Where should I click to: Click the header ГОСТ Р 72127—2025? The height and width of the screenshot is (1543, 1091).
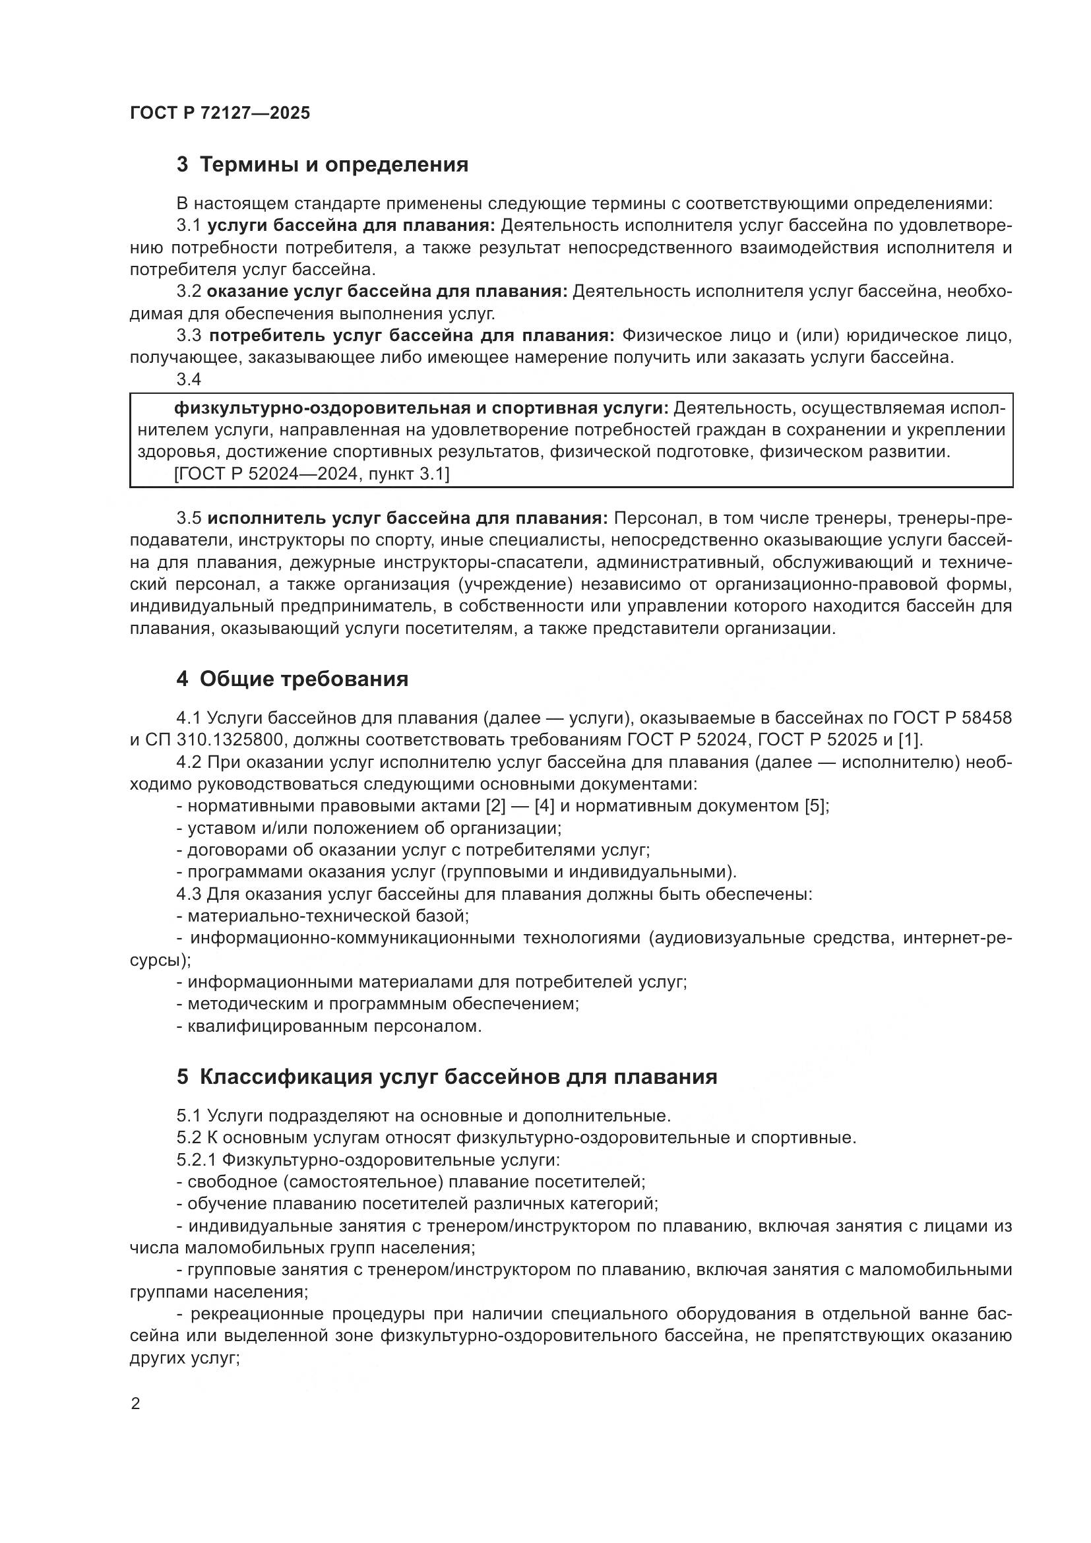pyautogui.click(x=220, y=113)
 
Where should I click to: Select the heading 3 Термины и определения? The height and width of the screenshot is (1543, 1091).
pyautogui.click(x=322, y=165)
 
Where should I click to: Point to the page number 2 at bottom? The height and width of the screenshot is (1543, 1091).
pyautogui.click(x=136, y=1404)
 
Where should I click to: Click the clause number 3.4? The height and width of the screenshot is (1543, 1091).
pyautogui.click(x=189, y=380)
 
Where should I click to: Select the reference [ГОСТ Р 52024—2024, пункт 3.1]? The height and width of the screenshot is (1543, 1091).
pyautogui.click(x=312, y=474)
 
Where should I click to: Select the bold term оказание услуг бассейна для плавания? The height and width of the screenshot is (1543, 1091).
pyautogui.click(x=387, y=292)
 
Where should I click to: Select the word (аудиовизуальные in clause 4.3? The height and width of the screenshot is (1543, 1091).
pyautogui.click(x=726, y=938)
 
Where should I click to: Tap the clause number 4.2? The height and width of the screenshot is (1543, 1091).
pyautogui.click(x=189, y=762)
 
